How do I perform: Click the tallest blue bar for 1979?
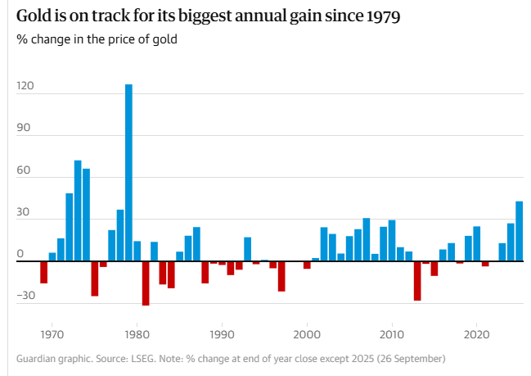pyautogui.click(x=128, y=172)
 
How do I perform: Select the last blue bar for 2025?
pyautogui.click(x=520, y=231)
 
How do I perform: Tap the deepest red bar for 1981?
pyautogui.click(x=146, y=283)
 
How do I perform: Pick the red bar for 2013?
pyautogui.click(x=417, y=281)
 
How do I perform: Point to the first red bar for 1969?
pyautogui.click(x=44, y=272)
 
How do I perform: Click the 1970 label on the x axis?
pyautogui.click(x=52, y=334)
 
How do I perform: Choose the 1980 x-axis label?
pyautogui.click(x=137, y=334)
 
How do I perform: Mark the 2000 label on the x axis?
pyautogui.click(x=307, y=334)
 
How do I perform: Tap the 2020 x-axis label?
pyautogui.click(x=476, y=334)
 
